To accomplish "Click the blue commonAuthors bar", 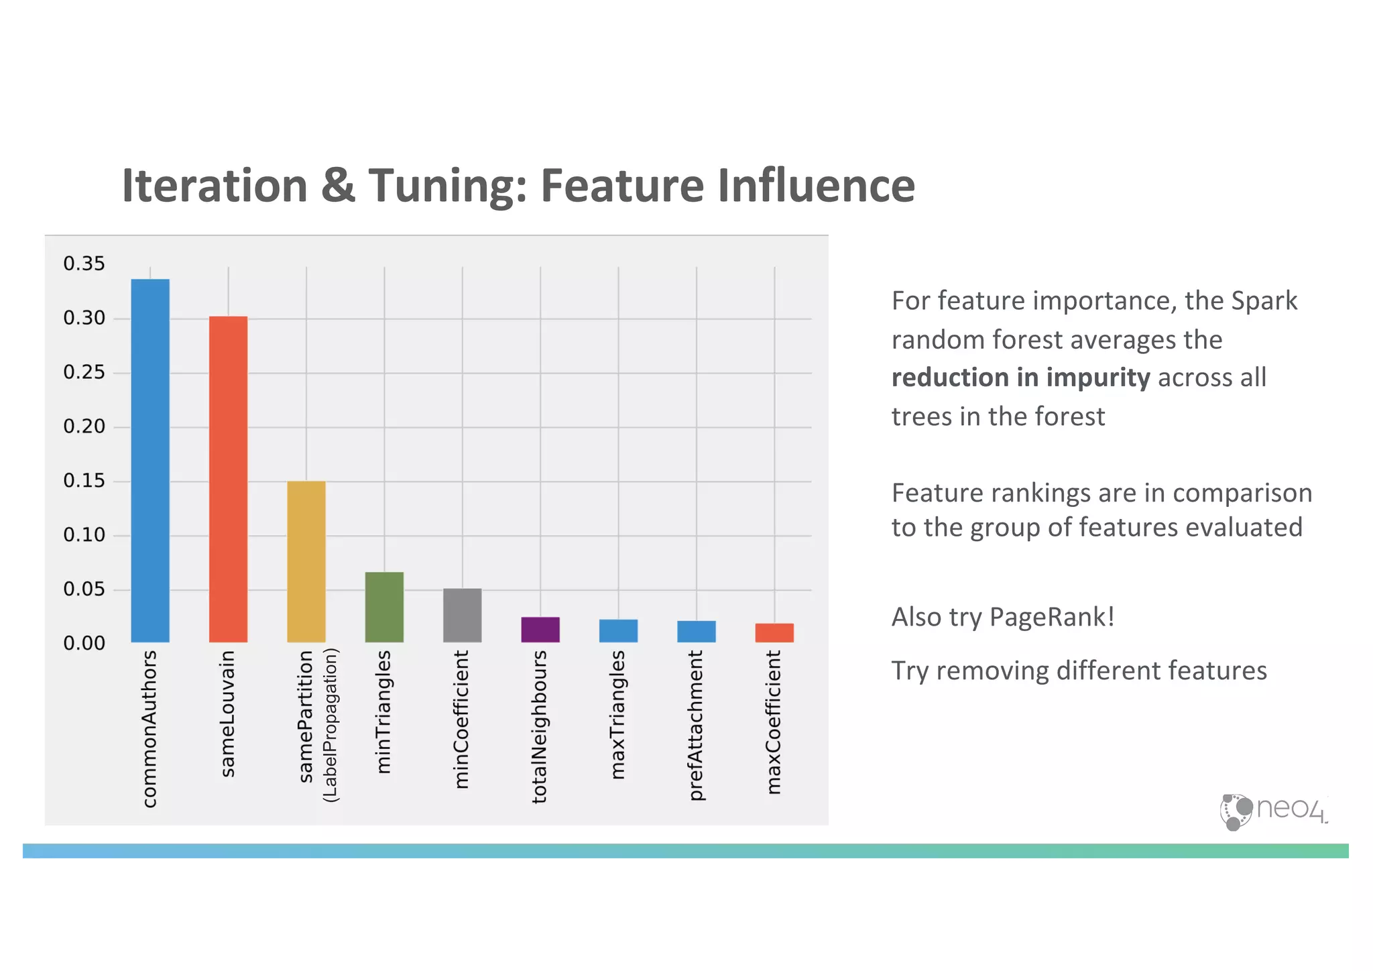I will click(150, 461).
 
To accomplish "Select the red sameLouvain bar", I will click(228, 479).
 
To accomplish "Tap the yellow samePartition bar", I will click(306, 561).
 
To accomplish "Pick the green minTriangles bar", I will click(384, 607).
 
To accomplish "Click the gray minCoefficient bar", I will click(462, 615).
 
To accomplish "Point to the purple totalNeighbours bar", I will click(540, 630).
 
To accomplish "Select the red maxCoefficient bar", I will click(774, 632).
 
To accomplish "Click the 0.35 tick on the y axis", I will click(84, 264).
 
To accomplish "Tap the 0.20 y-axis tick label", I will click(84, 426).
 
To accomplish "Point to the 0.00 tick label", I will click(84, 643).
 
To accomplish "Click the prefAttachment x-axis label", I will click(697, 725).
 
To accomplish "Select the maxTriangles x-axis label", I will click(618, 714).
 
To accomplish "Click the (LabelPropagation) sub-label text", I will click(331, 725).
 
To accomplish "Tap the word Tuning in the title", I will click(448, 186).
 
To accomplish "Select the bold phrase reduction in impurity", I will click(1020, 378).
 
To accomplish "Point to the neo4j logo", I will click(1272, 811).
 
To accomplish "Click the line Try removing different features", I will click(1079, 671).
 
